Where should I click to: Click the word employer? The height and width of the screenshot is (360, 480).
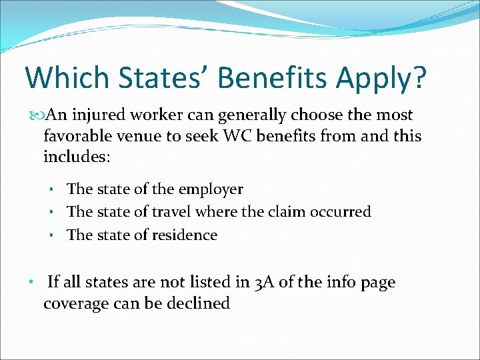(212, 190)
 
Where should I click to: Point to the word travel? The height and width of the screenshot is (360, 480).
(173, 212)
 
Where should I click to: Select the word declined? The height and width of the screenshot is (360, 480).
(199, 303)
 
